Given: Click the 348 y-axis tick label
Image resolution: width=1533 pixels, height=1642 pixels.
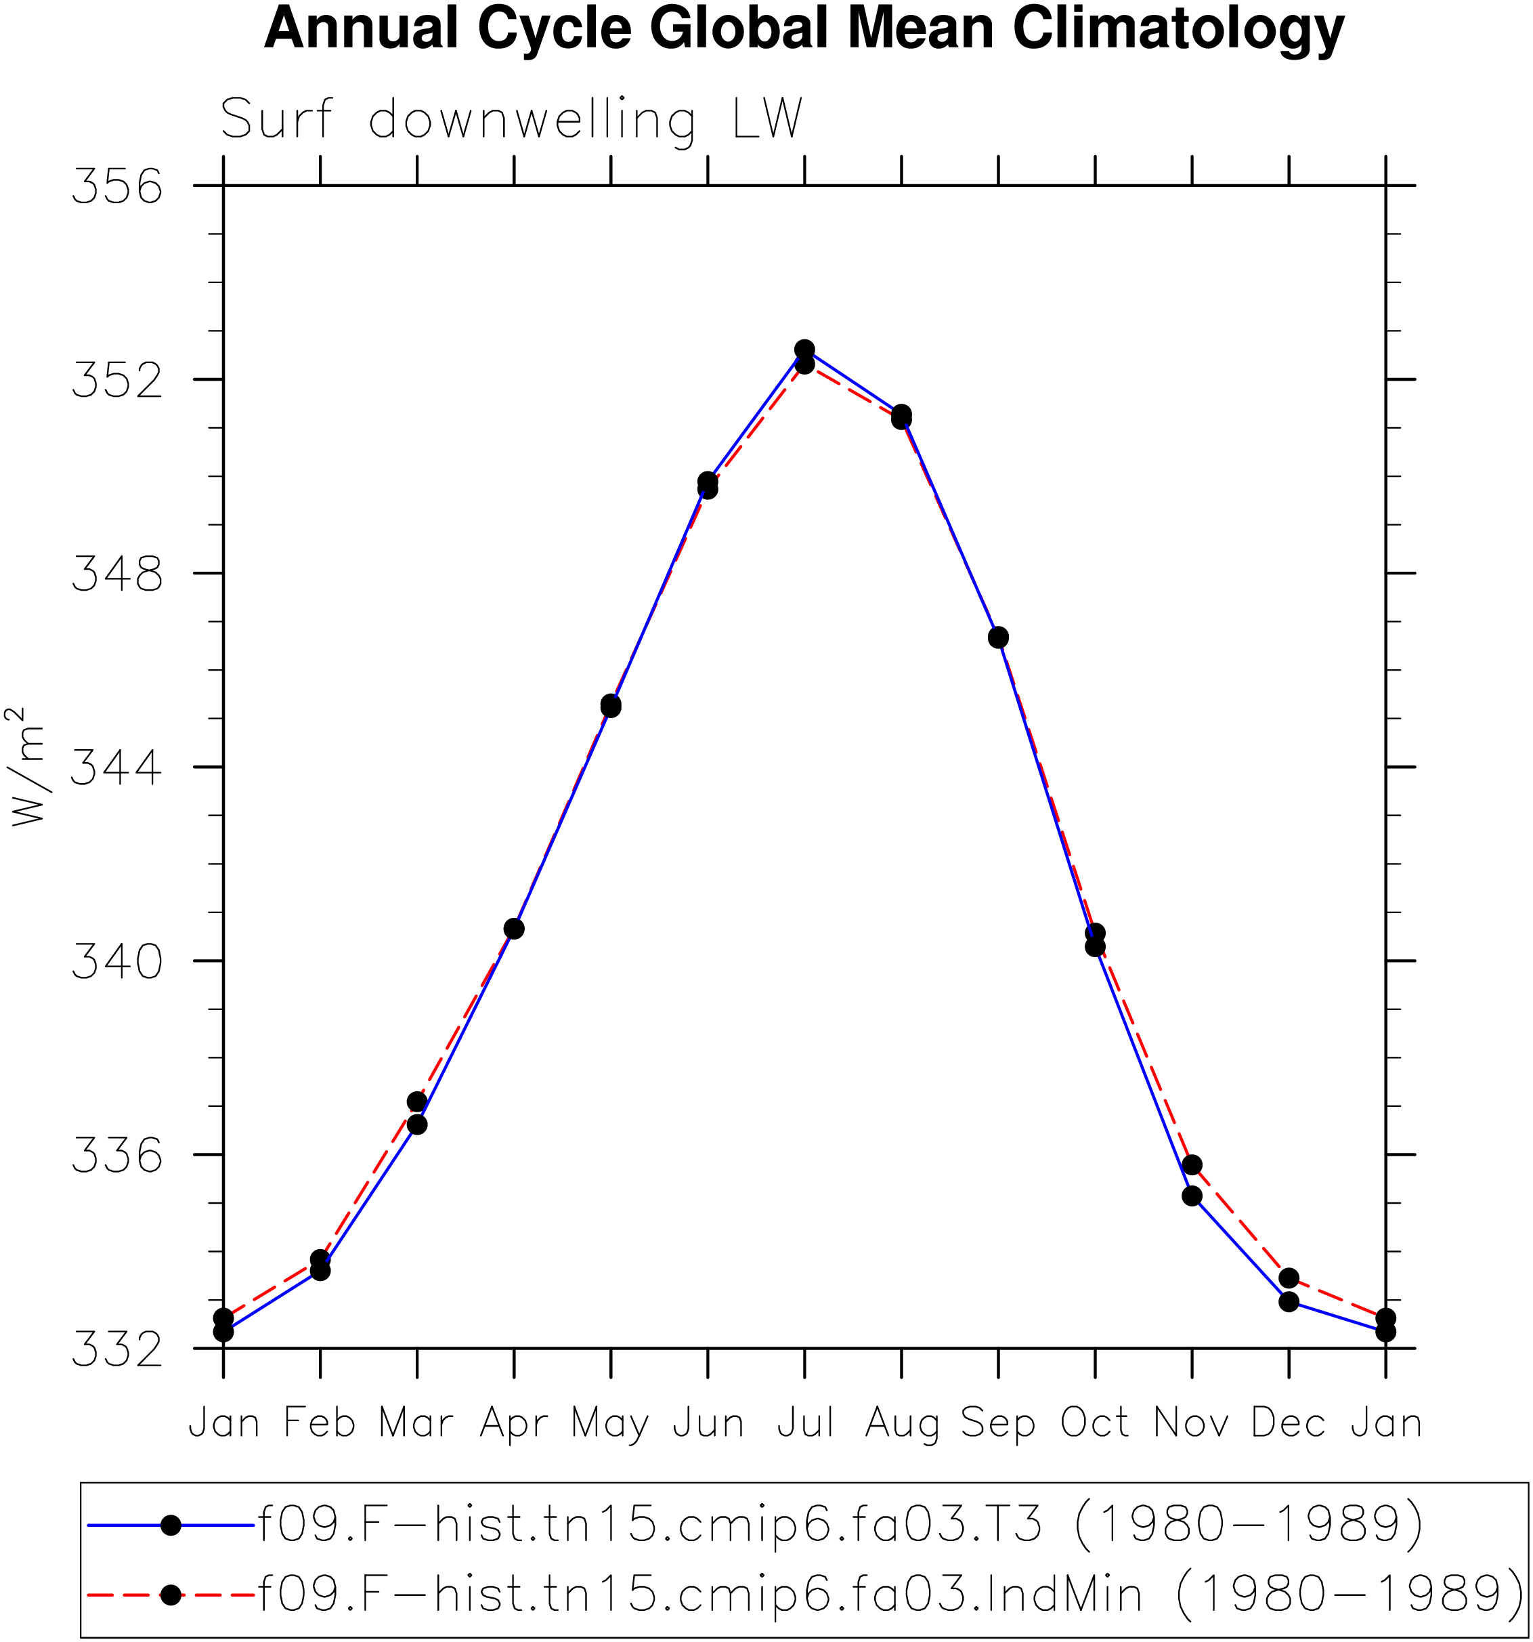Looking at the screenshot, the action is (117, 573).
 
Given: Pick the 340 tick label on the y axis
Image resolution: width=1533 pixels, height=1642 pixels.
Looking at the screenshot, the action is (117, 961).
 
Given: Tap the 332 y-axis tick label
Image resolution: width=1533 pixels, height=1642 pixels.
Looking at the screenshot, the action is (117, 1348).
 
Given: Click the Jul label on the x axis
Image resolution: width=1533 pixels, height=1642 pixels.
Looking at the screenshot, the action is (805, 1423).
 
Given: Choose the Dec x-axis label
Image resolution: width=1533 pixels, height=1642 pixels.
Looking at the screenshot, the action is (1289, 1423).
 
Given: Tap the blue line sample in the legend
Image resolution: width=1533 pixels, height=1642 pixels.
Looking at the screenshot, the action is (171, 1525).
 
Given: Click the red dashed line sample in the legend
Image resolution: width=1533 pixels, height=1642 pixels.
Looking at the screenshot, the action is (171, 1594).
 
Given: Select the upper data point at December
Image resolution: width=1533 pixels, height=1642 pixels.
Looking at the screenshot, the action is (1289, 1278).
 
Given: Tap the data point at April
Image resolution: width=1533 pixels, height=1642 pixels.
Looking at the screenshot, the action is (513, 929).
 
